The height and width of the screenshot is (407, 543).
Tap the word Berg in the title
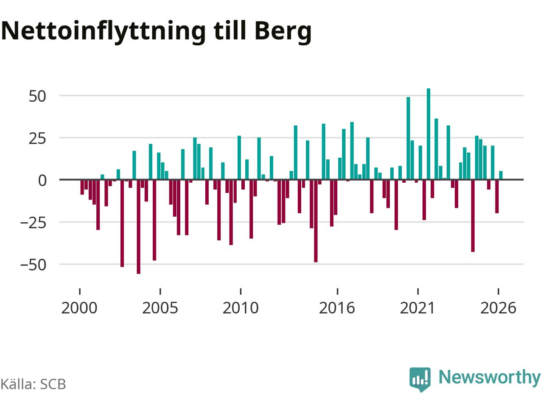pos(283,32)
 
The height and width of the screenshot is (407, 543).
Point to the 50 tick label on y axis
pos(37,96)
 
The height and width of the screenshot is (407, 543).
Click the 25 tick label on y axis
pos(37,139)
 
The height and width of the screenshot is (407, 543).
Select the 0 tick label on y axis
pos(42,181)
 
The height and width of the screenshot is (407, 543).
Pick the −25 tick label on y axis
pos(34,223)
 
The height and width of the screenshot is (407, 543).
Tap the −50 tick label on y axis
pos(34,265)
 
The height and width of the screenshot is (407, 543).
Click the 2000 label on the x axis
pos(79,308)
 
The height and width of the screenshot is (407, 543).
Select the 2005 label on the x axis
pos(160,308)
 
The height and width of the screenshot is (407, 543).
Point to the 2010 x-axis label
pos(241,308)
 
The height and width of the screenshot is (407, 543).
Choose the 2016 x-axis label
pos(337,308)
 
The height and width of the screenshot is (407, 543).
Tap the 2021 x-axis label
pos(417,308)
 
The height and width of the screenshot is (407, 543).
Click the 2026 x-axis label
pos(498,308)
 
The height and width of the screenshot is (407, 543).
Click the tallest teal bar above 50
pos(428,134)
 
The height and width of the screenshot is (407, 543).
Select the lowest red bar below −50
pos(139,227)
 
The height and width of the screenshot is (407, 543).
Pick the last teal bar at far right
pos(501,175)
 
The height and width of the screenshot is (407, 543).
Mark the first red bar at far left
pos(82,187)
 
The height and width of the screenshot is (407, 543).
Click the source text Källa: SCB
pos(33,384)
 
